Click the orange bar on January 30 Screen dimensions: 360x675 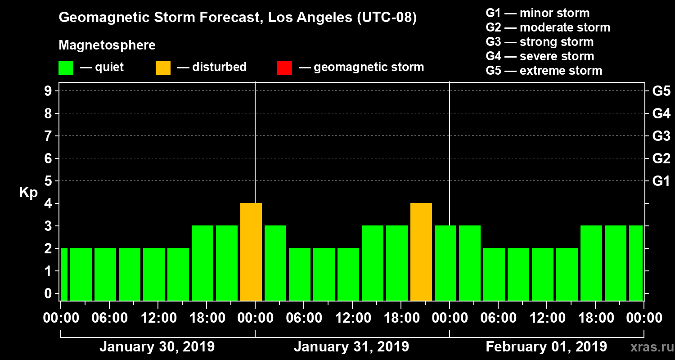click(251, 252)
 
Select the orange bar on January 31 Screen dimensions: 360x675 click(421, 252)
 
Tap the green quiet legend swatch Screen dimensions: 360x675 click(66, 67)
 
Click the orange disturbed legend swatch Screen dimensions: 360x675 click(163, 67)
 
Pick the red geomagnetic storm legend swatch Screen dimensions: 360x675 click(284, 67)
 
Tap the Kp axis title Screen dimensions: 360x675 click(28, 192)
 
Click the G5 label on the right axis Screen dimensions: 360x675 click(661, 91)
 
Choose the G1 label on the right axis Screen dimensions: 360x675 click(661, 181)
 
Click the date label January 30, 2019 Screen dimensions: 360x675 click(157, 347)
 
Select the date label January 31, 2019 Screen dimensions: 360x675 click(351, 347)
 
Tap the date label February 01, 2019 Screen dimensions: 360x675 click(546, 347)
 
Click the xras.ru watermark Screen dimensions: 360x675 click(648, 347)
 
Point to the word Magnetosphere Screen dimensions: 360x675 click(107, 45)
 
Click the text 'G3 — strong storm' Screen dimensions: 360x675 click(540, 42)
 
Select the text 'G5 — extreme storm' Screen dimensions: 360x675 click(544, 71)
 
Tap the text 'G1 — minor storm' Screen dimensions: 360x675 click(537, 13)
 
